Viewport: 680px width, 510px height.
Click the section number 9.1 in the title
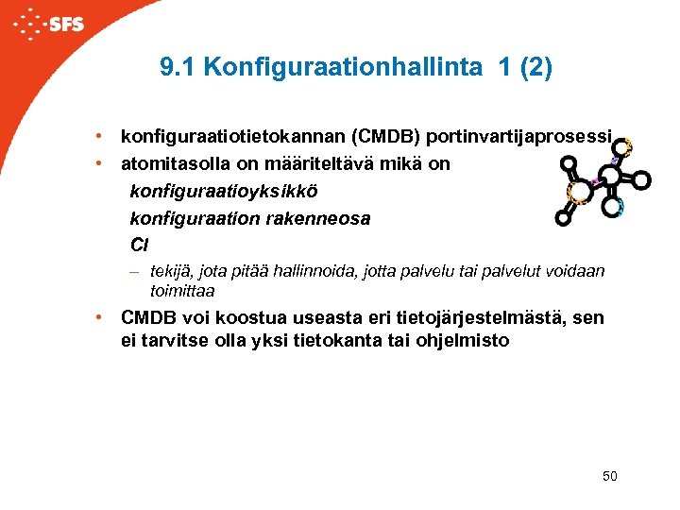point(178,68)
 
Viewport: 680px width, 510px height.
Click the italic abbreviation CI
point(139,245)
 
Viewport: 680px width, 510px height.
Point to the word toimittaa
point(182,290)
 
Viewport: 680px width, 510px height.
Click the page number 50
point(609,476)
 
